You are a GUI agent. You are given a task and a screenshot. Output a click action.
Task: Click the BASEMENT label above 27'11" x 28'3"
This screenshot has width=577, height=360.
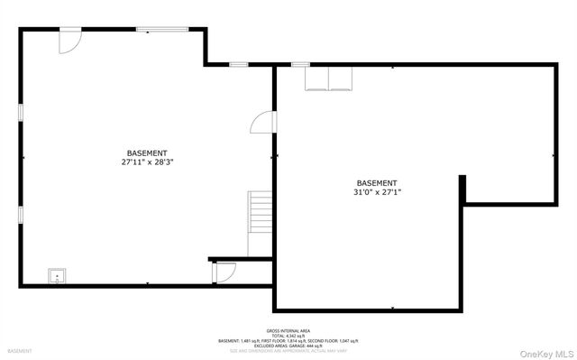click(x=147, y=153)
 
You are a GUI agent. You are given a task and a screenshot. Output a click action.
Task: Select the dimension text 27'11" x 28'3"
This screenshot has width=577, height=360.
click(x=147, y=162)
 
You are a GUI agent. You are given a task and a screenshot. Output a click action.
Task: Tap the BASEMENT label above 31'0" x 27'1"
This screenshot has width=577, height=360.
click(x=376, y=182)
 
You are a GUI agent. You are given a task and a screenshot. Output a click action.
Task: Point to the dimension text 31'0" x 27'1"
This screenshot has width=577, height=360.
click(x=376, y=191)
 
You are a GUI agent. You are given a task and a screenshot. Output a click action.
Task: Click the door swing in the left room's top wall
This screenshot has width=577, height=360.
click(x=69, y=42)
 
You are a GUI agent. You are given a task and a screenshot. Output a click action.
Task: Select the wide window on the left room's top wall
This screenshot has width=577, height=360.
click(x=162, y=30)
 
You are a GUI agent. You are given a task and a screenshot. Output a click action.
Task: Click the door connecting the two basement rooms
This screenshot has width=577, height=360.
click(x=261, y=122)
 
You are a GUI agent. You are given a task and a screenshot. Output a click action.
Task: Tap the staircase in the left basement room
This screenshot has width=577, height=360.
click(x=261, y=215)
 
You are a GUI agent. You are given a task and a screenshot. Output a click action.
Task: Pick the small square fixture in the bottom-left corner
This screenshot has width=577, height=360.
click(x=57, y=276)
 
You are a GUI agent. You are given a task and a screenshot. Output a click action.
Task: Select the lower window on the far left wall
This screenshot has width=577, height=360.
click(x=20, y=215)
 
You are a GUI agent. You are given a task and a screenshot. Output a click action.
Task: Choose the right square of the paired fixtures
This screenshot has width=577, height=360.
click(x=340, y=79)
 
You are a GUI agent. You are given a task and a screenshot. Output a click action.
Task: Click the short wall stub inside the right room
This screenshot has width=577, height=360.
click(x=463, y=189)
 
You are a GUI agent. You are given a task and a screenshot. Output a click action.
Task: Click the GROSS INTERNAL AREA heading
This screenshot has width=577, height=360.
click(x=288, y=330)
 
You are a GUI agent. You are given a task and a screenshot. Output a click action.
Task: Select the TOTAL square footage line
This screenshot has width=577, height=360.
click(x=288, y=336)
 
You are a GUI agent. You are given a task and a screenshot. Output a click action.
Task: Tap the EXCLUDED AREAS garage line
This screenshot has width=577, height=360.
click(x=288, y=346)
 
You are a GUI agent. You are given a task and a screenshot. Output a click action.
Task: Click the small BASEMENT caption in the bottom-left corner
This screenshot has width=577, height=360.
click(x=20, y=350)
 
